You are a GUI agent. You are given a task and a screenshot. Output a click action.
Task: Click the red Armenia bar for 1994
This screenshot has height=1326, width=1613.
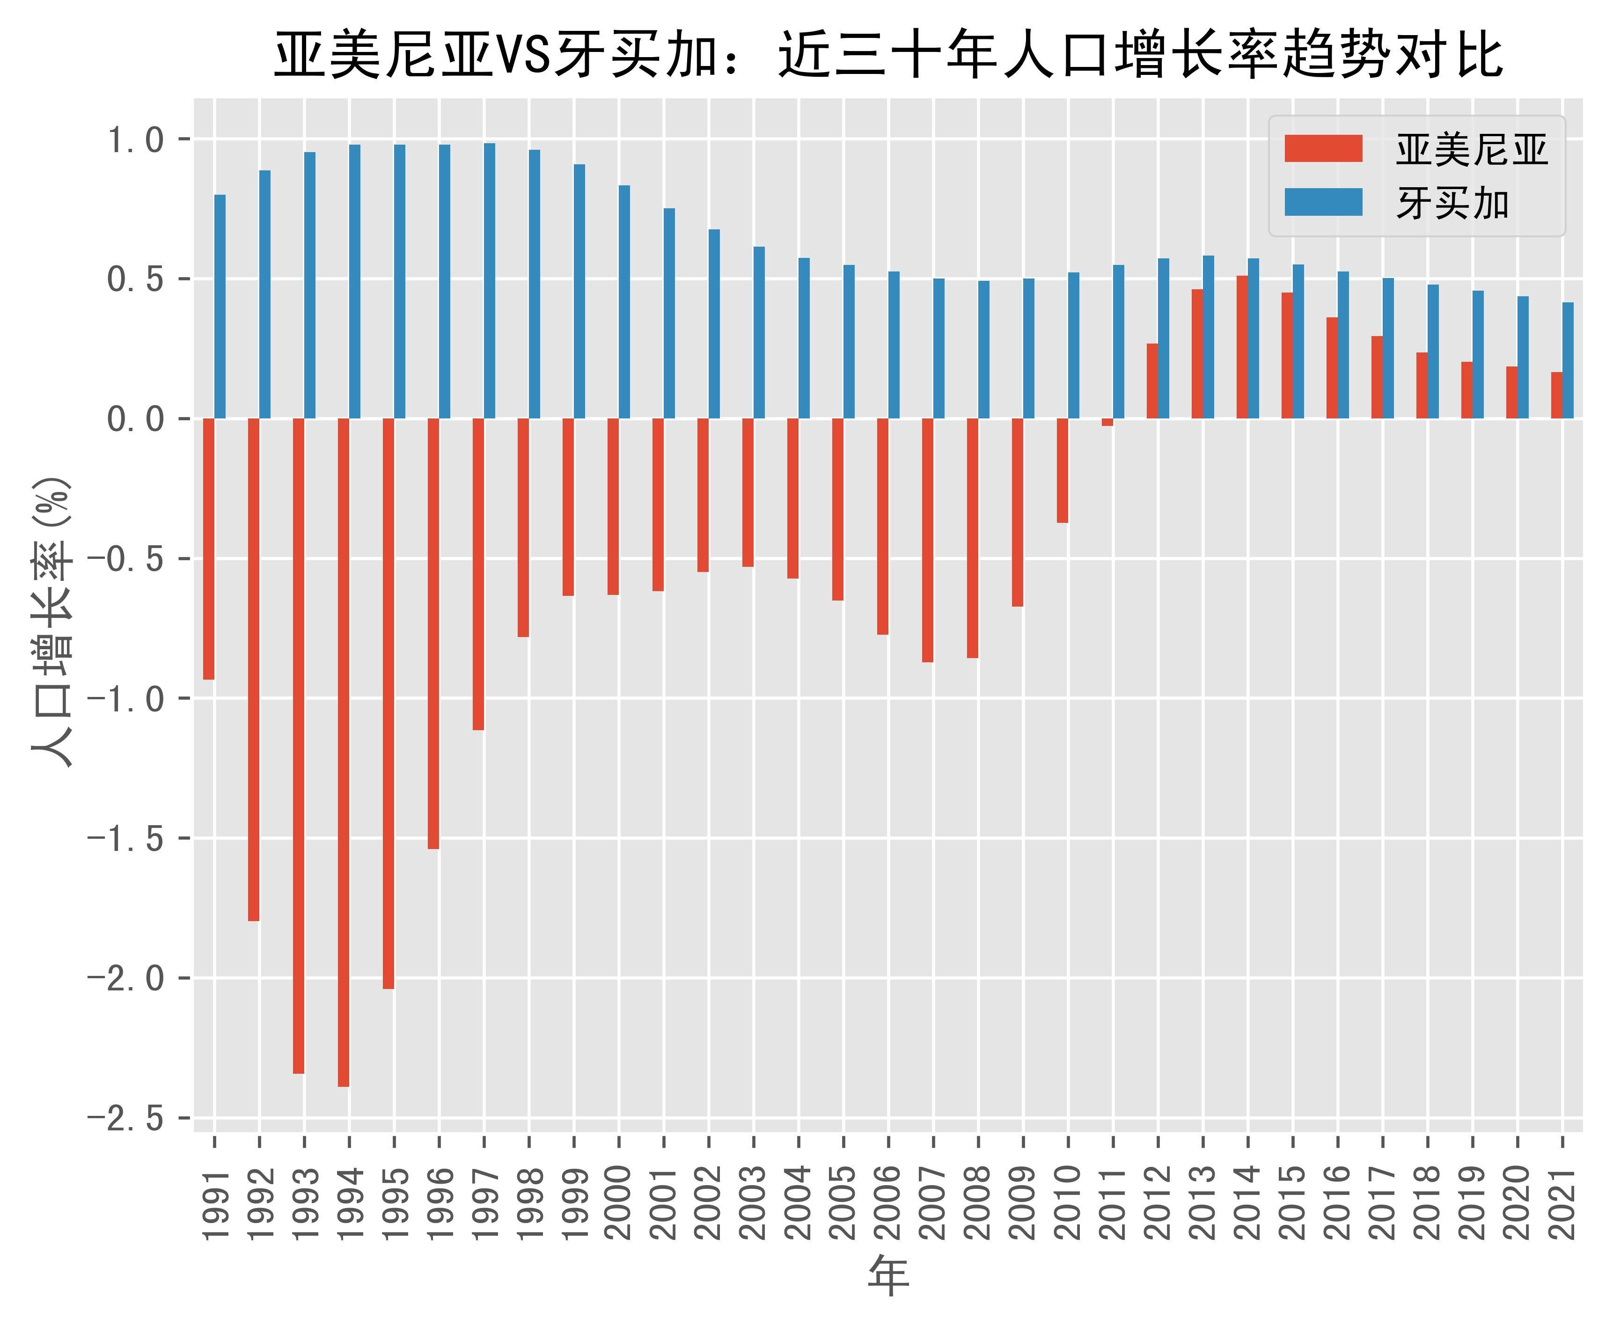click(344, 752)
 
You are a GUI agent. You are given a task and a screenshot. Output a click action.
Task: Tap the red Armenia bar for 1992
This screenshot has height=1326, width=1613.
click(254, 670)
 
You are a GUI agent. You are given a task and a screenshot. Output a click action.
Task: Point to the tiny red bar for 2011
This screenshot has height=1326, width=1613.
click(1107, 422)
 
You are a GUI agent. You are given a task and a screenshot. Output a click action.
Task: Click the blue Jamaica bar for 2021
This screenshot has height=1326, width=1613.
click(1568, 360)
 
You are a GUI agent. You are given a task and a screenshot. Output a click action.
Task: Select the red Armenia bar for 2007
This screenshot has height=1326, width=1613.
click(927, 540)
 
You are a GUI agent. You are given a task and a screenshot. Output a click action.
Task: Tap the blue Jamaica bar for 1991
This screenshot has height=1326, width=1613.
click(220, 306)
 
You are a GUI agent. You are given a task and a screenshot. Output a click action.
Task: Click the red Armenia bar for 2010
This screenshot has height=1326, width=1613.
click(1063, 470)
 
